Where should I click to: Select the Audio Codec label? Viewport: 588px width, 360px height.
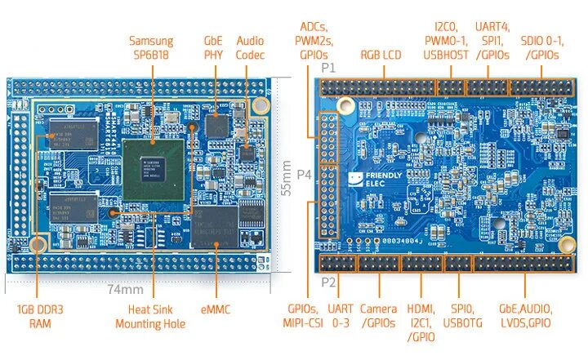pyautogui.click(x=250, y=47)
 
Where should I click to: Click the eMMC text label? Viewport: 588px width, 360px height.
pyautogui.click(x=216, y=310)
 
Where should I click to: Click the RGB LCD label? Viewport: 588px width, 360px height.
pyautogui.click(x=381, y=56)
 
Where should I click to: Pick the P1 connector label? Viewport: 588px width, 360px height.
pyautogui.click(x=328, y=67)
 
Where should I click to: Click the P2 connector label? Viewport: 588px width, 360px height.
pyautogui.click(x=328, y=282)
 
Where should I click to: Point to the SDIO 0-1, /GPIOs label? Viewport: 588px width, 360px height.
pyautogui.click(x=540, y=47)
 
